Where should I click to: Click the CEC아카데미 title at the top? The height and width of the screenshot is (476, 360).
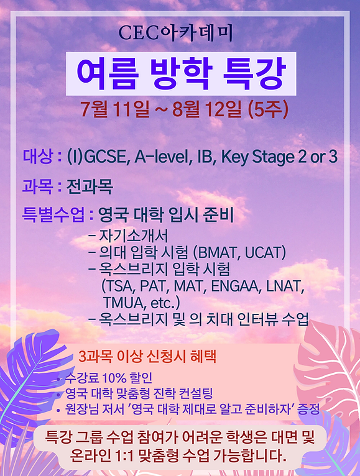click(175, 33)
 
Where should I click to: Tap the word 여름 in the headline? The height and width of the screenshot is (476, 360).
click(108, 73)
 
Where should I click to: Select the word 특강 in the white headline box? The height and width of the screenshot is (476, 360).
click(254, 73)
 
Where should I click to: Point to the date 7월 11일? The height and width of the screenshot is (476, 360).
click(116, 109)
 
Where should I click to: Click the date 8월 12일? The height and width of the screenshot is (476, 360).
click(207, 109)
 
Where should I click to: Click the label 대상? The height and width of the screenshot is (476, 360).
click(39, 156)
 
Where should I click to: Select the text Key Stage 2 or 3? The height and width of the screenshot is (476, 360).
click(279, 157)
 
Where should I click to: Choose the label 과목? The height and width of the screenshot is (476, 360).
click(37, 186)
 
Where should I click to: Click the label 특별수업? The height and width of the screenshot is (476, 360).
click(53, 214)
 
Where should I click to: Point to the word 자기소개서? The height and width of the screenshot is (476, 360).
click(133, 236)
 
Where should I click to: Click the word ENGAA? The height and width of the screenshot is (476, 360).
click(236, 286)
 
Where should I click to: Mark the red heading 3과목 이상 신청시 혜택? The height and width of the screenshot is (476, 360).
click(147, 357)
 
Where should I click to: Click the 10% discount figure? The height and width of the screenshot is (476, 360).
click(114, 378)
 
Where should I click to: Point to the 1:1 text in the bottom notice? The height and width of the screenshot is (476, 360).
click(124, 455)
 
